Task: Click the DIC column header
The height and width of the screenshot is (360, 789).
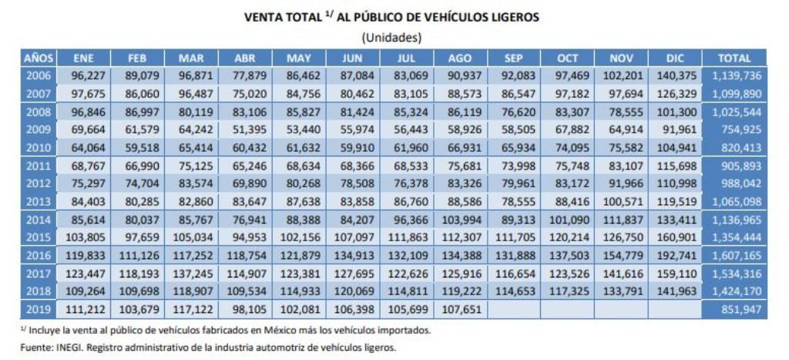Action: coord(675,59)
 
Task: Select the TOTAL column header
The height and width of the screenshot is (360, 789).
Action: coord(734,59)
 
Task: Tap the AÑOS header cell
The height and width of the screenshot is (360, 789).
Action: coord(39,59)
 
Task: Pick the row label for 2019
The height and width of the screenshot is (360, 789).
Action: coord(39,310)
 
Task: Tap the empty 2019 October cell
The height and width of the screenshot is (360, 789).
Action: coord(566,310)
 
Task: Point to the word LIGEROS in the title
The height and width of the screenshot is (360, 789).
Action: coord(510,16)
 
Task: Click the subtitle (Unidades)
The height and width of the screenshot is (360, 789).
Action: coord(391,37)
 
